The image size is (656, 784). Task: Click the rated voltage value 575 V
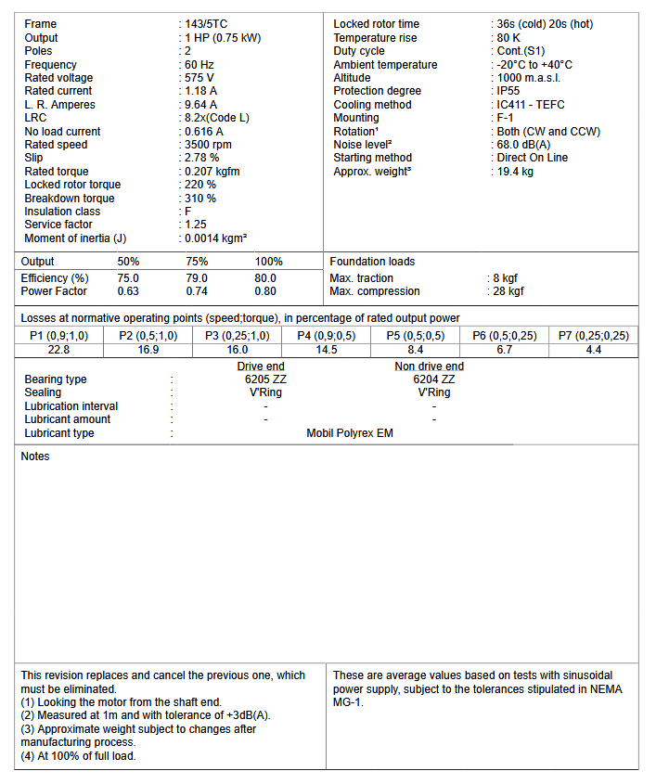pos(199,78)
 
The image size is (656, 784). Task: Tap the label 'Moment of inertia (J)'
pos(75,238)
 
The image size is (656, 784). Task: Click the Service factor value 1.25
pos(196,225)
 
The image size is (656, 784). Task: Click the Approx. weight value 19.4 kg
pos(515,172)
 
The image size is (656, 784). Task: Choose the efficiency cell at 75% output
pos(197,278)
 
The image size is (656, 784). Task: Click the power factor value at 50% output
pos(128,291)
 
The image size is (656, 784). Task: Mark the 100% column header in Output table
pos(268,262)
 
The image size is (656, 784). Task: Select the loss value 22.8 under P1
pos(58,350)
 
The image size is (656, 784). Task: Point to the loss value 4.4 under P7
pos(594,350)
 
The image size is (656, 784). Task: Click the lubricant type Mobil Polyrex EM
pos(350,433)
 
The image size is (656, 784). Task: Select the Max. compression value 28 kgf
pos(508,291)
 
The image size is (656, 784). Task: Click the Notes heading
pos(35,456)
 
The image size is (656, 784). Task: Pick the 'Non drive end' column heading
pos(430,366)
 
